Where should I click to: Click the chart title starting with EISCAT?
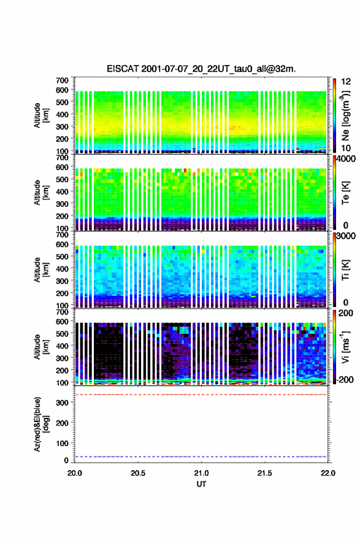[201, 69]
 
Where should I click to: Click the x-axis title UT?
[201, 484]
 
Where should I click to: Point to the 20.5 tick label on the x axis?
[137, 473]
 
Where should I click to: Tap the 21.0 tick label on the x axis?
[201, 473]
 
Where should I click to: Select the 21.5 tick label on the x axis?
[264, 473]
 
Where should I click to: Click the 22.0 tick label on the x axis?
[327, 473]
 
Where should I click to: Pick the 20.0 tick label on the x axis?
[75, 473]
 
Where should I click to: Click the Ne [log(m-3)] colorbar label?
[345, 116]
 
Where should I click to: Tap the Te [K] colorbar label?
[345, 193]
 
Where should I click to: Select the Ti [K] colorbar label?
[345, 269]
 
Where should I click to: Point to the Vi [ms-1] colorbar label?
[345, 347]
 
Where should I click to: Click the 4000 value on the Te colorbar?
[345, 159]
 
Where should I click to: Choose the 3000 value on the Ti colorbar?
[345, 236]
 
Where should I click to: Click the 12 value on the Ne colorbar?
[346, 81]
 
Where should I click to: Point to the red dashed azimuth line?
[201, 395]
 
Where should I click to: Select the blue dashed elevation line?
[201, 457]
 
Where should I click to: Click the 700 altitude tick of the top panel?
[62, 80]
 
